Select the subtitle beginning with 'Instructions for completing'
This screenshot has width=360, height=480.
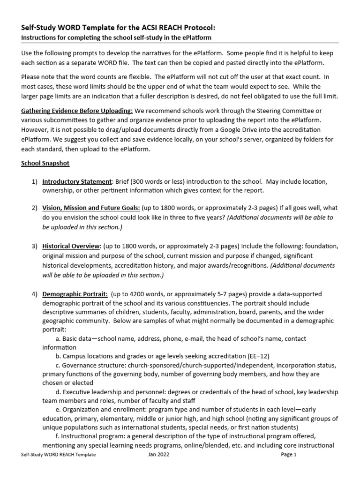point(116,37)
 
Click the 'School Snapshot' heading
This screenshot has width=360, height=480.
point(45,164)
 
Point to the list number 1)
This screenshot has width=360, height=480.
point(35,181)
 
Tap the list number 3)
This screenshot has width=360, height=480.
point(35,246)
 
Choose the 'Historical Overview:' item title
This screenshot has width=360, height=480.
point(71,246)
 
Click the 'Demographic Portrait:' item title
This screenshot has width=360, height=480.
point(75,294)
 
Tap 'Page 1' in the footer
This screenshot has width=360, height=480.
point(289,454)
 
